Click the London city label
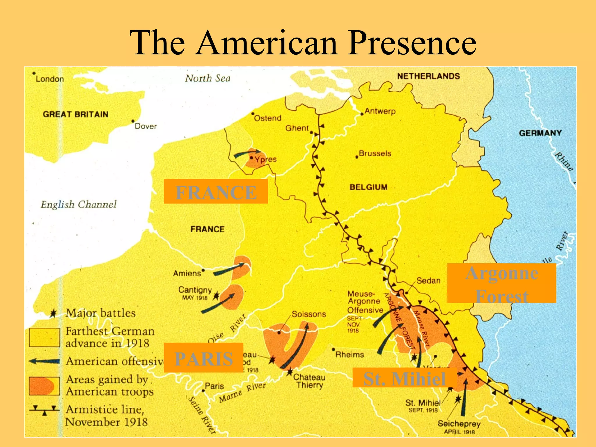(x=49, y=79)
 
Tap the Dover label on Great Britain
(x=146, y=126)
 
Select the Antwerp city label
(x=380, y=111)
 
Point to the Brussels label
(x=375, y=153)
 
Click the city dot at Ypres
(x=252, y=158)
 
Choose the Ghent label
(x=297, y=128)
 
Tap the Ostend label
(x=267, y=118)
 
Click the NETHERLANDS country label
(x=428, y=76)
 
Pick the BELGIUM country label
(x=368, y=187)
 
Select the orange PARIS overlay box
(x=203, y=358)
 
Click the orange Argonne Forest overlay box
(x=501, y=283)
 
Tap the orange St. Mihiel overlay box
(x=405, y=378)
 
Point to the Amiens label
(x=187, y=274)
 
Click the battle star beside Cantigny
(x=216, y=296)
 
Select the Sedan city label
(x=428, y=281)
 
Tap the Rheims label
(x=350, y=355)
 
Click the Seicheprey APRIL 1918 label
(x=459, y=427)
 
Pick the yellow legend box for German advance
(x=44, y=338)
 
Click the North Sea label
(x=207, y=78)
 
